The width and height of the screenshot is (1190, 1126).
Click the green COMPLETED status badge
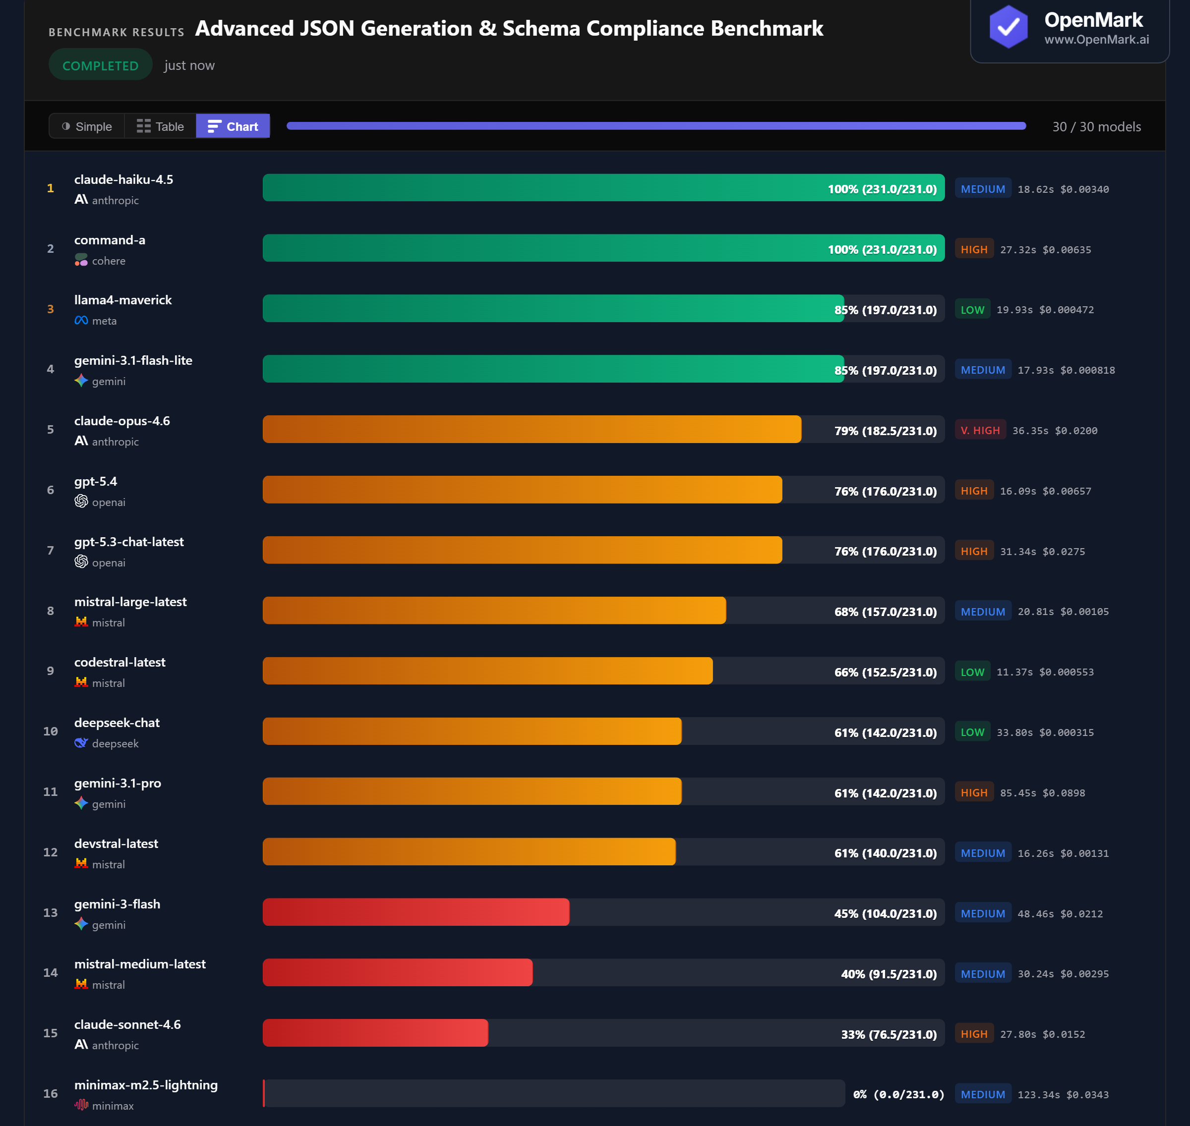pos(100,65)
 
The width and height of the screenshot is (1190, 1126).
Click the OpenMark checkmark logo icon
pos(1008,27)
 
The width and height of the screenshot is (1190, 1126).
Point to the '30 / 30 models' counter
pos(1096,127)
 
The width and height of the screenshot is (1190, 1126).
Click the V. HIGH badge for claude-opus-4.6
pos(980,430)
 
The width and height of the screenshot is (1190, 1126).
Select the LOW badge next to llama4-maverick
pos(972,310)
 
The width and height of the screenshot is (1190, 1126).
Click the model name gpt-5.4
pos(96,481)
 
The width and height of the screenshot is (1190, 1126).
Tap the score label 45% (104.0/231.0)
pos(885,913)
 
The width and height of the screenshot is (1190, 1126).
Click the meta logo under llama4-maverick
pos(81,321)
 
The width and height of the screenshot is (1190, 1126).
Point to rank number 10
pos(51,731)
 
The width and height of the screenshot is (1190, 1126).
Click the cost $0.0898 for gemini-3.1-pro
pos(1064,793)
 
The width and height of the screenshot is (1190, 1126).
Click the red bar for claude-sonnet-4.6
pos(375,1033)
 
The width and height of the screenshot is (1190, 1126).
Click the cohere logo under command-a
pos(81,260)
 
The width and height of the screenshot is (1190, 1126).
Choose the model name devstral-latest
pos(116,844)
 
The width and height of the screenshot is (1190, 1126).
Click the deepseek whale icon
pos(81,743)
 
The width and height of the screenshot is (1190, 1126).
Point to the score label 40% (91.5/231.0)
pos(889,973)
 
